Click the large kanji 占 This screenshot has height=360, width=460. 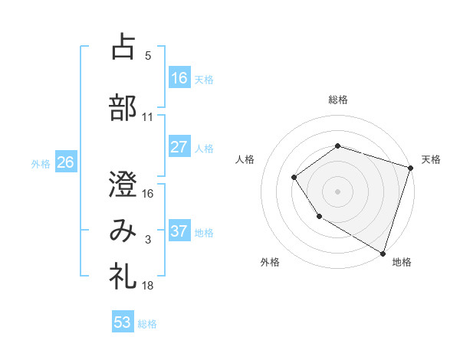tap(123, 47)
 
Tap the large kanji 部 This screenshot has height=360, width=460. tap(123, 106)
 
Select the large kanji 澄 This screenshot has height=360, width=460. tap(123, 184)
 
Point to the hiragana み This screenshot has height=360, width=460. tap(123, 231)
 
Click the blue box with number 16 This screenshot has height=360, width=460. tap(179, 77)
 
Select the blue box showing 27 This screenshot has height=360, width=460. tap(179, 147)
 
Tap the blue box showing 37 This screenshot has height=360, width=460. tap(179, 231)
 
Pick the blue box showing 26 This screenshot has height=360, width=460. tap(65, 162)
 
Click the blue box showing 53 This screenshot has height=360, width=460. tap(123, 322)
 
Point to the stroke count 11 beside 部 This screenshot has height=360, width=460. tap(148, 117)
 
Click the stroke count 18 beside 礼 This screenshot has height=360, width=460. tap(148, 286)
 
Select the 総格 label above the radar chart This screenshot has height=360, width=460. tap(338, 100)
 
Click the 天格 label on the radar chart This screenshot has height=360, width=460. tap(431, 159)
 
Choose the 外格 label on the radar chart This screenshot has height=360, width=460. tap(270, 262)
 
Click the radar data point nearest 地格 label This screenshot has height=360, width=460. tap(383, 253)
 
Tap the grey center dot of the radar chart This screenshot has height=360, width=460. tap(337, 191)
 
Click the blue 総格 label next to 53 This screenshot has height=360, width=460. tap(147, 323)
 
